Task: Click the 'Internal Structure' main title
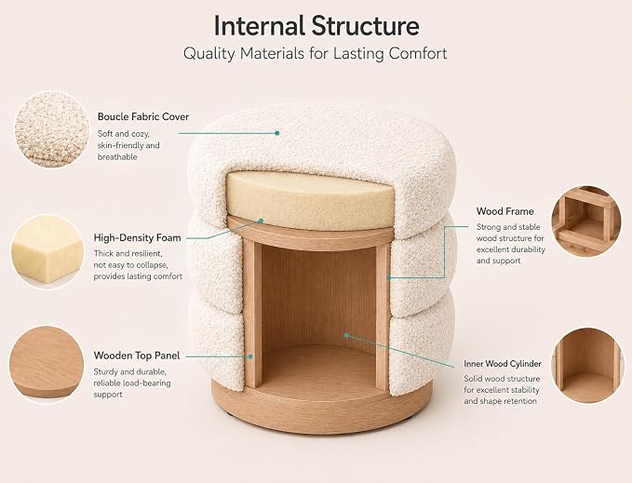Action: tap(316, 26)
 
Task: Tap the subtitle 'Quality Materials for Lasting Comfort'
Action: tap(316, 54)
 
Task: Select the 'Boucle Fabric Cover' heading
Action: tap(143, 117)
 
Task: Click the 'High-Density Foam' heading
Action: tap(138, 237)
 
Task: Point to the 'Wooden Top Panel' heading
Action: tap(137, 356)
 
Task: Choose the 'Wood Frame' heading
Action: tap(505, 211)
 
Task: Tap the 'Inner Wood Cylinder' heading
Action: tap(503, 364)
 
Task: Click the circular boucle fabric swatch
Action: tap(51, 129)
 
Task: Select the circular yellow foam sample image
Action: tap(47, 251)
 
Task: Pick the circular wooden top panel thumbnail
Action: tap(47, 364)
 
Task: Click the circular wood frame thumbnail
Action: tap(586, 221)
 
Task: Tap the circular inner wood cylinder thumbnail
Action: tap(586, 365)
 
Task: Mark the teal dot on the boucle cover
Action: tap(276, 133)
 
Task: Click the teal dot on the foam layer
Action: tap(261, 221)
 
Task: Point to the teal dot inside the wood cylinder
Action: tap(346, 335)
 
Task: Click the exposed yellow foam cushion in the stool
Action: tap(310, 201)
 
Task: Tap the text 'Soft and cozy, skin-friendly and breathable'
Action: tap(128, 145)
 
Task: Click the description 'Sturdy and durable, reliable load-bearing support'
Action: tap(132, 383)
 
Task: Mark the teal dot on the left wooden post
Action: tap(250, 356)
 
